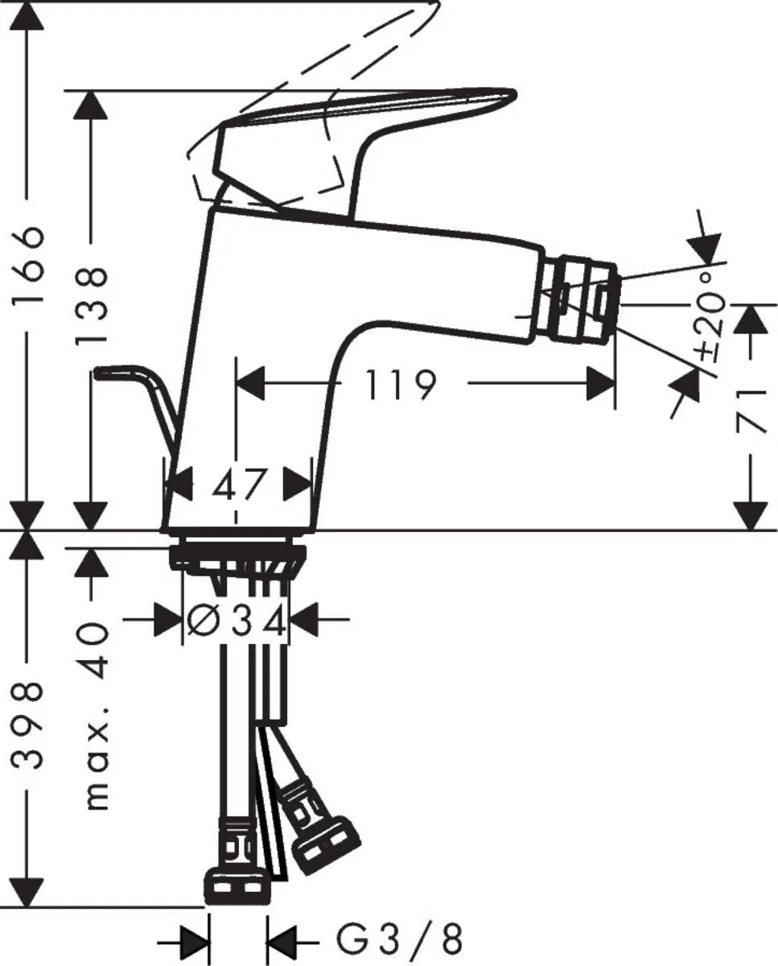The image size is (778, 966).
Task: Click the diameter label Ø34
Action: (237, 620)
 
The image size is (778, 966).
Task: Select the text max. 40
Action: (95, 716)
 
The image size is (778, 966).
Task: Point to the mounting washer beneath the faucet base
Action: (238, 556)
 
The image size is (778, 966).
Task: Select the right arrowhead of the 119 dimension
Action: (601, 384)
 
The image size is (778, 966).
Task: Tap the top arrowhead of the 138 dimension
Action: (91, 105)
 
